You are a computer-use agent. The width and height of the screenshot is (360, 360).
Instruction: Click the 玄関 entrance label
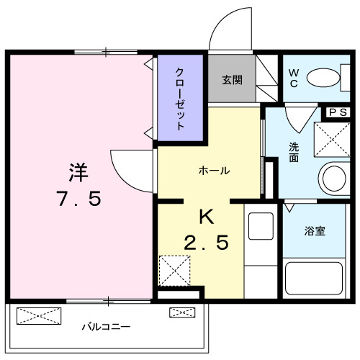pyautogui.click(x=232, y=79)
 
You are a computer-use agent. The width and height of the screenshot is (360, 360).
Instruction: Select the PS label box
pyautogui.click(x=338, y=112)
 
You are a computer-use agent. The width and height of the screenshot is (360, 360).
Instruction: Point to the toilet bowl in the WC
pyautogui.click(x=329, y=76)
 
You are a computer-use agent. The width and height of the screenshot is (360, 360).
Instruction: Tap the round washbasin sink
pyautogui.click(x=335, y=177)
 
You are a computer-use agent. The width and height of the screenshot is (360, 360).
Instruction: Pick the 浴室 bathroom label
pyautogui.click(x=314, y=231)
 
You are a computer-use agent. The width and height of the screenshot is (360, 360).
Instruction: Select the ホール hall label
pyautogui.click(x=214, y=171)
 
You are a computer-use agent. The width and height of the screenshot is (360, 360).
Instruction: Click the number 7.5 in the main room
pyautogui.click(x=78, y=199)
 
